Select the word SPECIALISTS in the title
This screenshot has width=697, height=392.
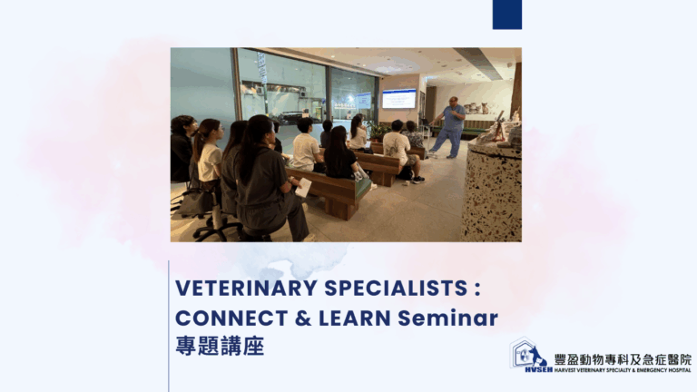pos(396,288)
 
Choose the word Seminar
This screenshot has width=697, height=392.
pos(447,318)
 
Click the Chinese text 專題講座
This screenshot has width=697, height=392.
pos(220,346)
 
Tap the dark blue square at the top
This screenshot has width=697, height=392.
pos(507,15)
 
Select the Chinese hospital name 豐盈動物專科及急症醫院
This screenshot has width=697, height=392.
pos(623,359)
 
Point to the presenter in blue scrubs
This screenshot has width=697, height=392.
pos(450,128)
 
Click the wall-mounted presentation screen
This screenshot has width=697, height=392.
pos(398,99)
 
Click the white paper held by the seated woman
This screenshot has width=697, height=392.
pos(303,188)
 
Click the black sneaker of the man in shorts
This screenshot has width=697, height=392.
pos(418,180)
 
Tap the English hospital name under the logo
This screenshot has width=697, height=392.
pos(623,370)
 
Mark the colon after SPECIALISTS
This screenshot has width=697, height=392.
pos(477,289)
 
